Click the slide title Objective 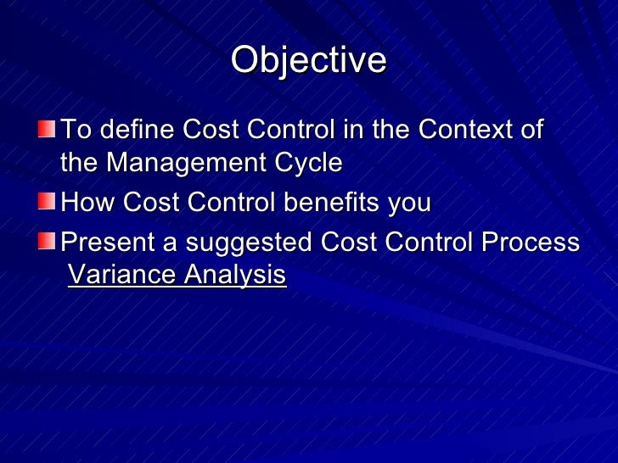tap(308, 60)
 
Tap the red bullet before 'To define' tap(46, 130)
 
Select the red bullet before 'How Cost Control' tap(46, 203)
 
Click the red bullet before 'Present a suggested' tap(46, 242)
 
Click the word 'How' tap(89, 203)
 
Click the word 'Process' tap(531, 243)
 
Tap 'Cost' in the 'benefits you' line tap(154, 203)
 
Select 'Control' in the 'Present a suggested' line tap(433, 243)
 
